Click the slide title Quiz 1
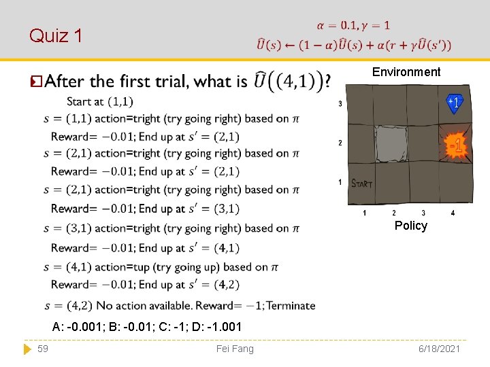(x=56, y=36)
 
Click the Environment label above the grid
(x=406, y=72)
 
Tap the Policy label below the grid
(x=411, y=226)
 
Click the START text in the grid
(x=361, y=183)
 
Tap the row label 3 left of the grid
(x=340, y=104)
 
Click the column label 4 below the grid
(x=453, y=213)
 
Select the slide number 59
(x=42, y=349)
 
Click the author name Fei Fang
(x=234, y=349)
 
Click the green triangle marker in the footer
(x=27, y=349)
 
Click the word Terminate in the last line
(x=291, y=306)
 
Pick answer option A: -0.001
(x=78, y=327)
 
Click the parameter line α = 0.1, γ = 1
(x=353, y=25)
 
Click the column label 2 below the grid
(x=394, y=213)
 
